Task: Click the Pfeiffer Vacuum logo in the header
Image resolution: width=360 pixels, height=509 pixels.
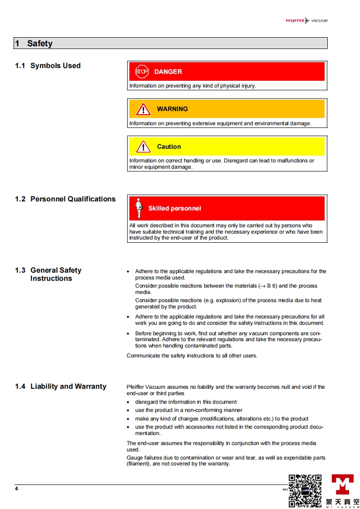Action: tap(306, 20)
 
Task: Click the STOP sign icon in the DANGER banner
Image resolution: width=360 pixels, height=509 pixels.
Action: tap(142, 71)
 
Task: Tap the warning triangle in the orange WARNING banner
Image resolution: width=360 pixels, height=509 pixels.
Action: tap(143, 109)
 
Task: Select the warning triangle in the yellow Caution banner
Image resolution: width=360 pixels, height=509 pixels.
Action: tap(143, 147)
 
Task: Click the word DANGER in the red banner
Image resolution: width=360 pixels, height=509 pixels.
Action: tap(168, 72)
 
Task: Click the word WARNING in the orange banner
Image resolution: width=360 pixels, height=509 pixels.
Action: tap(172, 109)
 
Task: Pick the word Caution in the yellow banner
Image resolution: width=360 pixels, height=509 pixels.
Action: tap(169, 147)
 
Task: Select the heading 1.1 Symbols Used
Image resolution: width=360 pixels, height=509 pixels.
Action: tap(48, 66)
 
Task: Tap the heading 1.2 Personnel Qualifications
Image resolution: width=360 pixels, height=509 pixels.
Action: tap(65, 199)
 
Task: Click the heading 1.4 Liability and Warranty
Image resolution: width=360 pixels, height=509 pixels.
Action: tap(60, 387)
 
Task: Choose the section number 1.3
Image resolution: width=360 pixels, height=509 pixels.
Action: tap(20, 270)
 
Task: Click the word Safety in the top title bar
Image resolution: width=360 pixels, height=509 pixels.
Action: tap(39, 44)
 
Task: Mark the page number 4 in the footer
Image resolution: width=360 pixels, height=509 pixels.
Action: tap(16, 489)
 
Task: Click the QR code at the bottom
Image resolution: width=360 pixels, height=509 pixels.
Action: tap(305, 490)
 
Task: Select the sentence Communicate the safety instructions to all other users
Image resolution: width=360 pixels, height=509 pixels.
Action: tap(192, 356)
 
